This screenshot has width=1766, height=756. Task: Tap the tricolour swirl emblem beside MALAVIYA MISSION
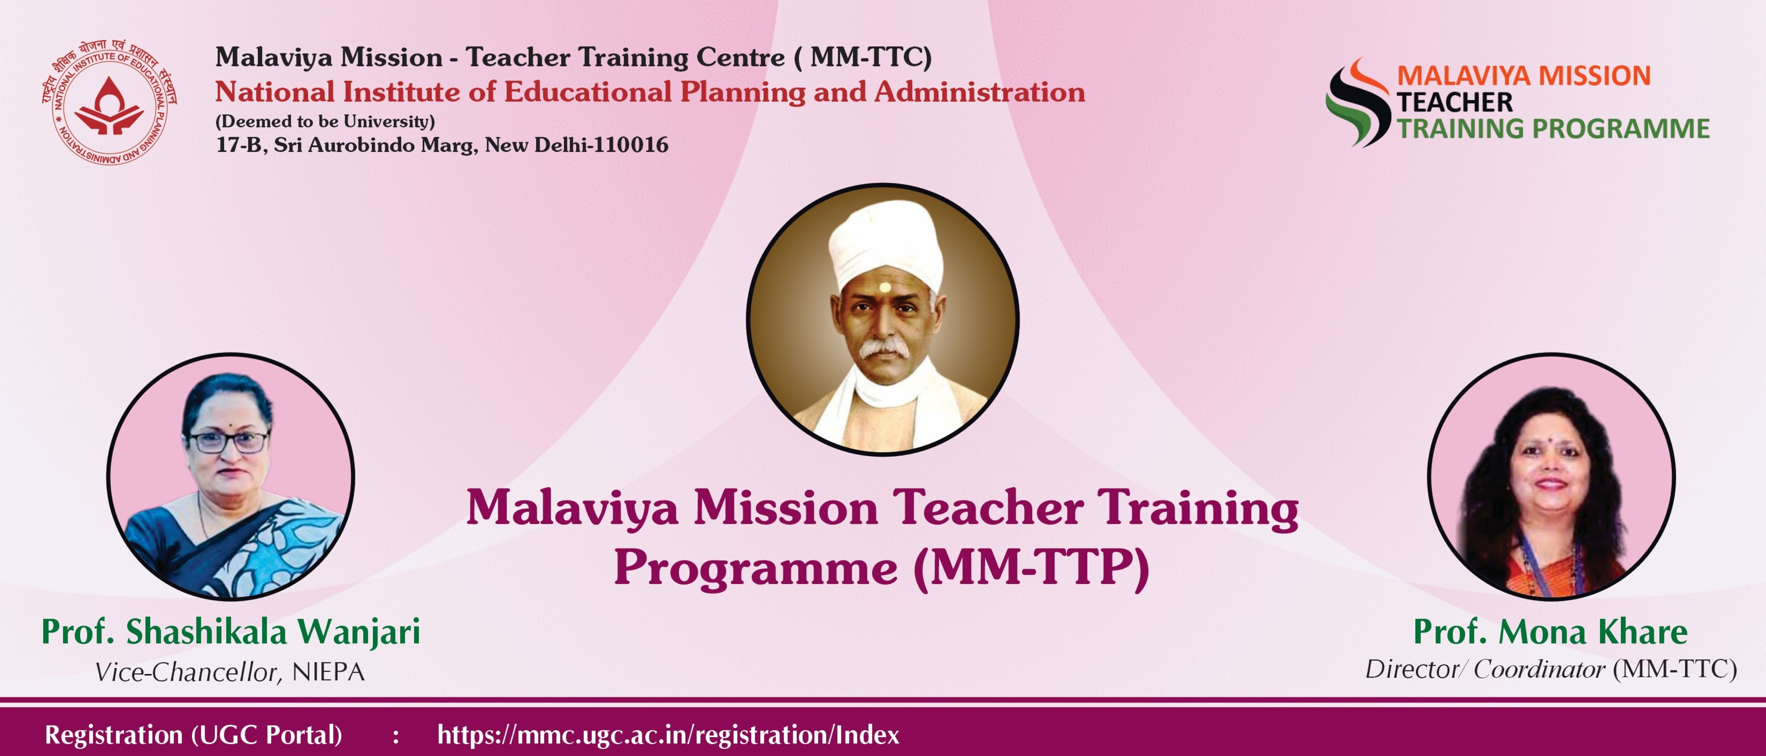coord(1357,102)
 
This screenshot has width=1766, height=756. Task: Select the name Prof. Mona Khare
coord(1551,631)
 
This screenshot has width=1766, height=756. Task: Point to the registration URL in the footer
coord(668,735)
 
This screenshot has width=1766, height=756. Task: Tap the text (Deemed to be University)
coord(325,121)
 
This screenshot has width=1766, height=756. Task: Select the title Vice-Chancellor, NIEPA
coord(230,672)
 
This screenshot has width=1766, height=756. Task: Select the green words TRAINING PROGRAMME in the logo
coord(1553,128)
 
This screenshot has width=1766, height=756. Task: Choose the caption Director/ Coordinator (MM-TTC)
coord(1551,669)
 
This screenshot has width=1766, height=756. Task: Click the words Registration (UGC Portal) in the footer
coord(193,735)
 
